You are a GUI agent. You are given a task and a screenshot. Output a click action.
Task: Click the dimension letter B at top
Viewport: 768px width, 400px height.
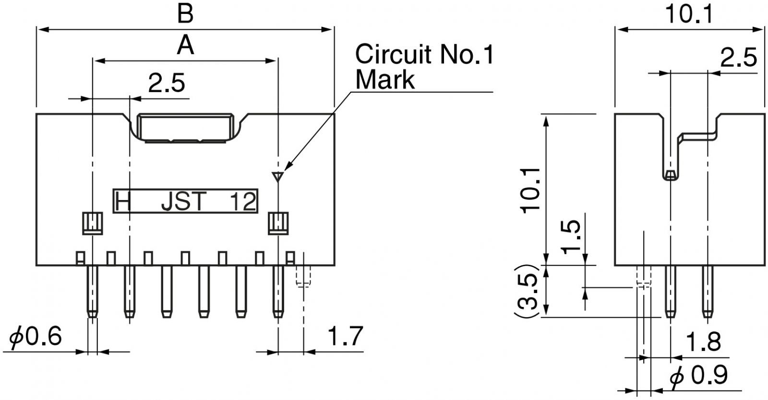click(x=185, y=14)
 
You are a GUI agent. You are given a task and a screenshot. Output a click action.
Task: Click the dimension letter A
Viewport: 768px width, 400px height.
click(x=185, y=46)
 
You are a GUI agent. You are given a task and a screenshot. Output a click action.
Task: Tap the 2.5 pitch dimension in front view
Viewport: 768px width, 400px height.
click(x=167, y=83)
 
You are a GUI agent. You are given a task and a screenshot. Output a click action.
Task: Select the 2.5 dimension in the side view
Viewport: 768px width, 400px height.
click(x=738, y=58)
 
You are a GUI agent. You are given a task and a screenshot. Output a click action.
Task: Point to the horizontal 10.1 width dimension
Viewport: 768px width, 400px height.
click(x=689, y=14)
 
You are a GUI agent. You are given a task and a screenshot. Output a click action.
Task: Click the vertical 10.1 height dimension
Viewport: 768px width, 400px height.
click(x=530, y=191)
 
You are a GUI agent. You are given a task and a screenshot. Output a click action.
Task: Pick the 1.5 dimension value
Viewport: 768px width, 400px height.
click(x=571, y=237)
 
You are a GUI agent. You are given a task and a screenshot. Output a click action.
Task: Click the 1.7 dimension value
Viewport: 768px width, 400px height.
click(x=345, y=336)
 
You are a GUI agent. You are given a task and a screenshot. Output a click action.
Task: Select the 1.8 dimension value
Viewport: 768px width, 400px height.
click(x=703, y=342)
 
